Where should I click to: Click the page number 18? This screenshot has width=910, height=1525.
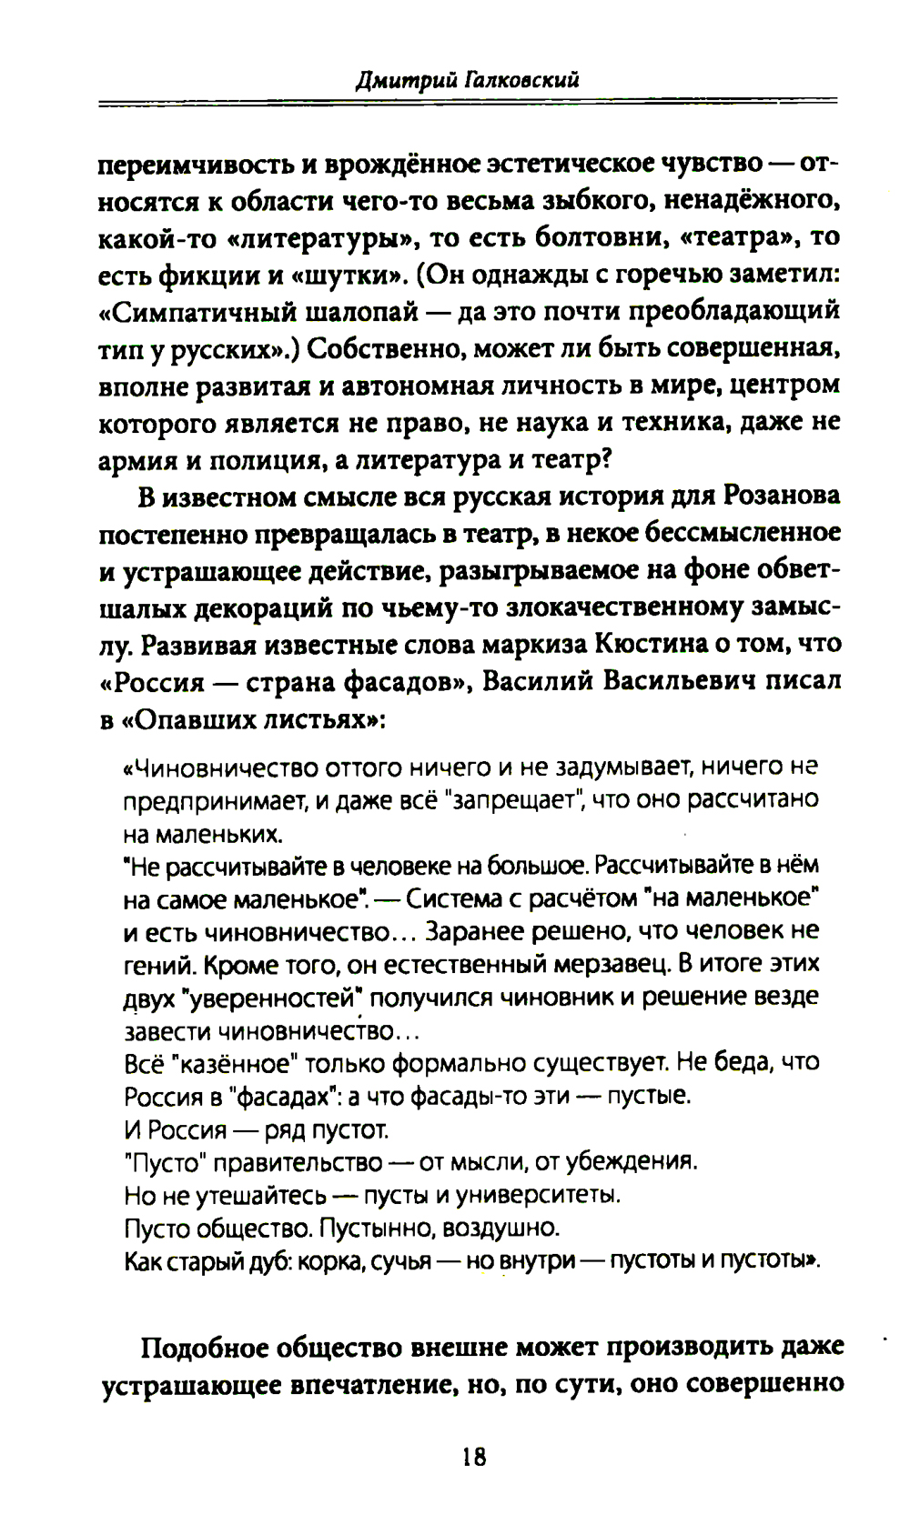pyautogui.click(x=474, y=1457)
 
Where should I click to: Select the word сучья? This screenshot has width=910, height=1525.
pyautogui.click(x=398, y=1261)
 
